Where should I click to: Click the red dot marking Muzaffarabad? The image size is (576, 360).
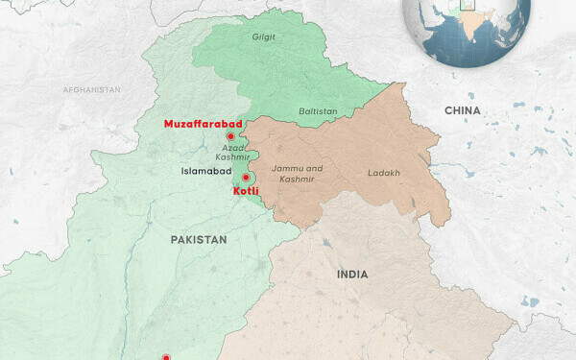[x=230, y=136]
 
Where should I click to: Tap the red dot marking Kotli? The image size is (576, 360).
[x=246, y=178]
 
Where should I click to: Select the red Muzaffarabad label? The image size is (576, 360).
[x=203, y=124]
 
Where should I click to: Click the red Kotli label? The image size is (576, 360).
[x=247, y=192]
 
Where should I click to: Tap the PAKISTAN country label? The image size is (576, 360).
[x=199, y=239]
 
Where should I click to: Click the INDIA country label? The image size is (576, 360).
[x=352, y=275]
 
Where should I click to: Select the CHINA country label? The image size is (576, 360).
[x=463, y=111]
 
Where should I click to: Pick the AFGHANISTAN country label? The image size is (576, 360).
[x=92, y=90]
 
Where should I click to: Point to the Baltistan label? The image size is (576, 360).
[x=318, y=111]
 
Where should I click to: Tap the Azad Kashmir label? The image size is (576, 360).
[x=232, y=152]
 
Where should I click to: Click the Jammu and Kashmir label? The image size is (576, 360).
[x=297, y=174]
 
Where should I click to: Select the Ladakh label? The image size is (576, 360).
[x=383, y=174]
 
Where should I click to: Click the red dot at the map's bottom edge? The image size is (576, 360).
[x=165, y=357]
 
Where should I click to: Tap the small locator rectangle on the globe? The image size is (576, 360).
[x=468, y=4]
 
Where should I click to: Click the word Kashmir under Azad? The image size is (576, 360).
[x=232, y=156]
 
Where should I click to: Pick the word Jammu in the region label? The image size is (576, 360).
[x=287, y=168]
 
